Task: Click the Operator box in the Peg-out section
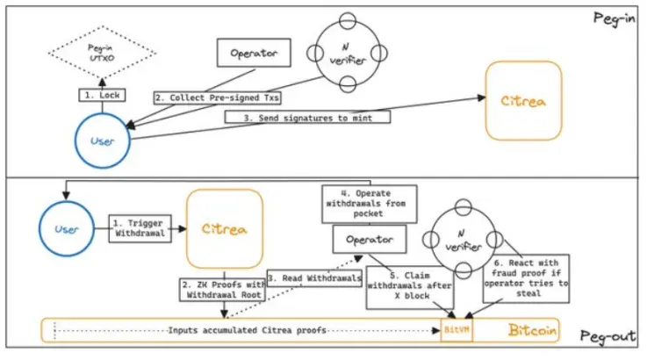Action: [x=369, y=239]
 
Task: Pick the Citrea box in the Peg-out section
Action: [x=225, y=228]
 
